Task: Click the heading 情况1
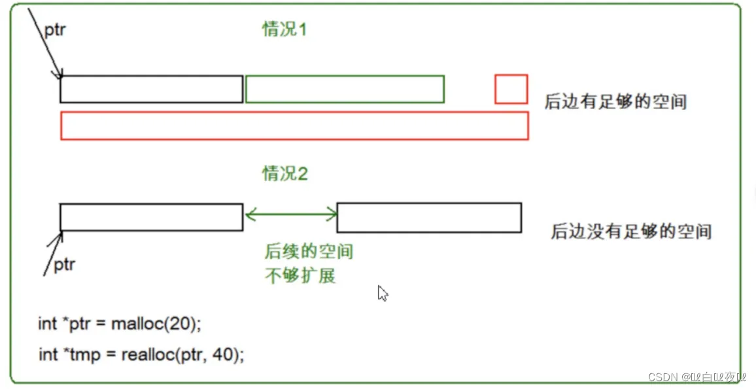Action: click(284, 29)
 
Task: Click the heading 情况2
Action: click(284, 173)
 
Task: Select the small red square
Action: click(511, 89)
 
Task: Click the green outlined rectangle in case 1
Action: click(345, 89)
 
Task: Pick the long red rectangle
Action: click(294, 126)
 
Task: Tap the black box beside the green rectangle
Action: click(151, 89)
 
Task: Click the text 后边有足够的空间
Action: click(615, 101)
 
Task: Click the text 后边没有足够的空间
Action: click(631, 231)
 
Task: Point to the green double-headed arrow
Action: click(290, 214)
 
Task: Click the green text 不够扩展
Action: click(300, 275)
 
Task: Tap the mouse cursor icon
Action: click(383, 294)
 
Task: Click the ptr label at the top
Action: click(55, 30)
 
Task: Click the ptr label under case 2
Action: click(64, 265)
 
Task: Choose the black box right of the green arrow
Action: click(429, 218)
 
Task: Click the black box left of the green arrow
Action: click(151, 217)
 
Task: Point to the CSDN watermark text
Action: click(697, 377)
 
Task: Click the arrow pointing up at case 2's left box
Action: click(52, 252)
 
